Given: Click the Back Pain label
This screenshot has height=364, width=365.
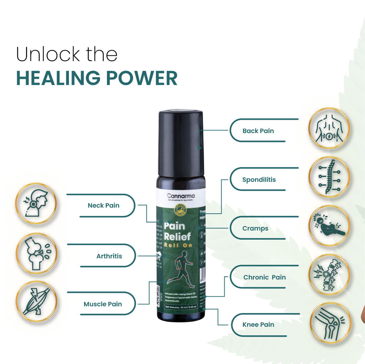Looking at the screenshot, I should (258, 131).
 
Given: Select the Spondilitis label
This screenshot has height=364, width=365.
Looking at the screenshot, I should (259, 179).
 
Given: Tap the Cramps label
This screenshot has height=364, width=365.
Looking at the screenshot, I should (255, 228).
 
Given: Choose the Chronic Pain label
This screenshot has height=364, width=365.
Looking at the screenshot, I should (265, 277).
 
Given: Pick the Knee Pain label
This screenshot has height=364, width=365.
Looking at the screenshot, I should (258, 325).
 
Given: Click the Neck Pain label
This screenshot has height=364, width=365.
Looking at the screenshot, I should (103, 205).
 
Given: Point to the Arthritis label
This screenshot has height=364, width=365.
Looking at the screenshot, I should (109, 256).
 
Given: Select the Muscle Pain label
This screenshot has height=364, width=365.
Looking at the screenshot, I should (103, 304).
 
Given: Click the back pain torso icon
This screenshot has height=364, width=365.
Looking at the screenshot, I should (329, 129).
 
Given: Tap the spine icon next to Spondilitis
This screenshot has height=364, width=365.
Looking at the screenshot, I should (329, 177).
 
